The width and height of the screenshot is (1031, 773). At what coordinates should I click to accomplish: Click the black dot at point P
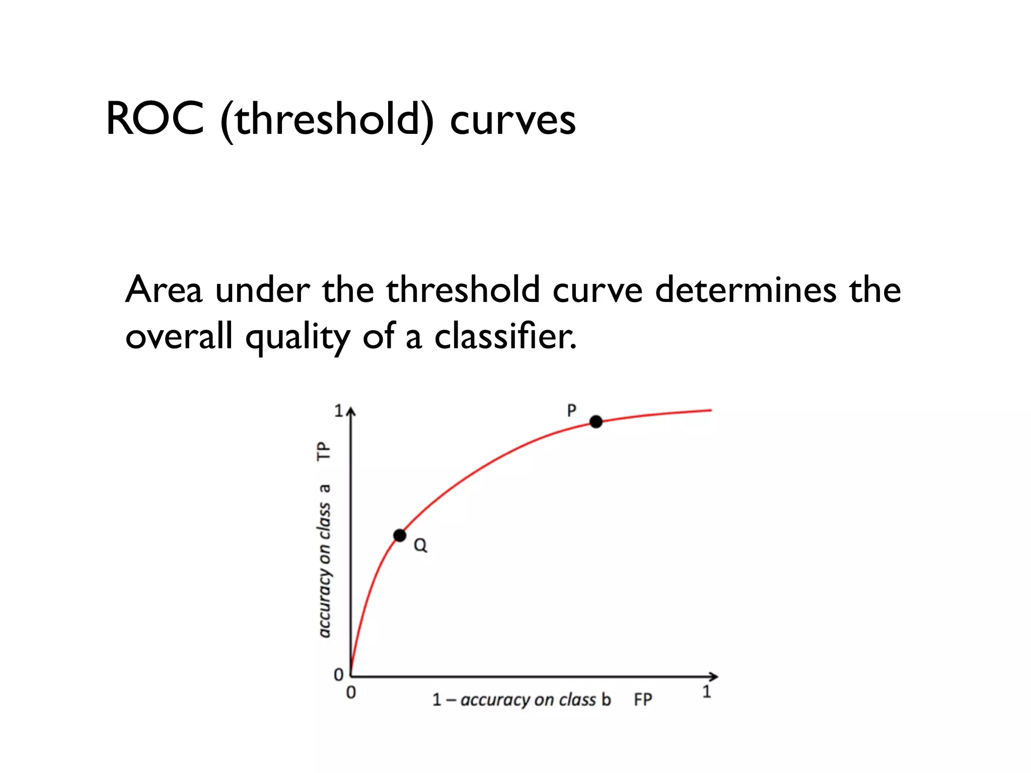[596, 422]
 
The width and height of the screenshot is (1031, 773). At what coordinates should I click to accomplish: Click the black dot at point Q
[400, 535]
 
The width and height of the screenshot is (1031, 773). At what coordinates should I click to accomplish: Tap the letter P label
[571, 411]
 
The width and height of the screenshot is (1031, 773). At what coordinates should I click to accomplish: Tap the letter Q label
[420, 545]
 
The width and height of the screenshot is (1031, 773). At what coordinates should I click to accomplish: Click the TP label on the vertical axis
[324, 451]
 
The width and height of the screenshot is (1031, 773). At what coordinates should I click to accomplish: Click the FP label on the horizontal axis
[643, 700]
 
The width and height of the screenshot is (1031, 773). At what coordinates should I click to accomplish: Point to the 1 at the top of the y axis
[339, 411]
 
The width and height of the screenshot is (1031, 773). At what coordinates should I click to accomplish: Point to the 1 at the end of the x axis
[707, 691]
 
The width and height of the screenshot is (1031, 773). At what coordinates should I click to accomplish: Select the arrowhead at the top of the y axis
[351, 412]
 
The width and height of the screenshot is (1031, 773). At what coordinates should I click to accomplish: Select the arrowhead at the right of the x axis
[714, 677]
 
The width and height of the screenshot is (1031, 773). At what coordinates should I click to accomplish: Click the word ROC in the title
[155, 119]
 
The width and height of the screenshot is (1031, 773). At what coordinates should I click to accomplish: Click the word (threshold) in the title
[327, 120]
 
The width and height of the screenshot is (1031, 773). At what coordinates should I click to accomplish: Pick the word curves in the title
[512, 121]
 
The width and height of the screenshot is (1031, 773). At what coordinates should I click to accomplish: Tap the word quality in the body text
[298, 337]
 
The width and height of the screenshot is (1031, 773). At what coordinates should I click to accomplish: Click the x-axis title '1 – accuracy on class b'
[522, 700]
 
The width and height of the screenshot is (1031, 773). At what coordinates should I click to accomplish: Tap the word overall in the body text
[179, 336]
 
